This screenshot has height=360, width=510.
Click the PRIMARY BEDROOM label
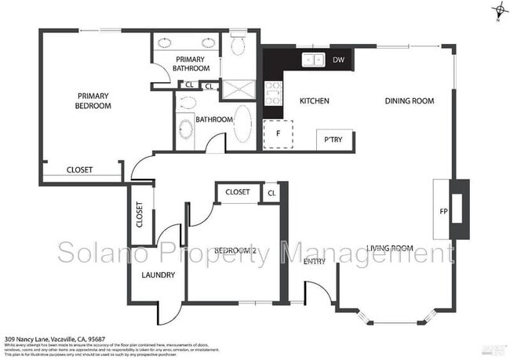pyautogui.click(x=93, y=100)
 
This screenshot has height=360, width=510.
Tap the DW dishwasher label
pyautogui.click(x=338, y=60)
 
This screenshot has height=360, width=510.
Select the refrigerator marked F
pyautogui.click(x=277, y=134)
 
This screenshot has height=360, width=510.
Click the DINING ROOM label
pyautogui.click(x=409, y=101)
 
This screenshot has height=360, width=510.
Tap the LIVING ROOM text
pyautogui.click(x=389, y=249)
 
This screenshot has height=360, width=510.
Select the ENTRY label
pyautogui.click(x=314, y=261)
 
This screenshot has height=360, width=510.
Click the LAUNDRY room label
pyautogui.click(x=157, y=275)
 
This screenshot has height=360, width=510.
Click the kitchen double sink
pyautogui.click(x=313, y=60)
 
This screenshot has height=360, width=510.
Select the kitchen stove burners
pyautogui.click(x=273, y=94)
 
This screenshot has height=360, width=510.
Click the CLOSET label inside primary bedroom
pyautogui.click(x=79, y=170)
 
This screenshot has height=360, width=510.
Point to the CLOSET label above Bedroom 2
pyautogui.click(x=237, y=192)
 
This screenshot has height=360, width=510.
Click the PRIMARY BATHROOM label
pyautogui.click(x=190, y=64)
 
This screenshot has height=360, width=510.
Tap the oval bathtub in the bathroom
pyautogui.click(x=244, y=123)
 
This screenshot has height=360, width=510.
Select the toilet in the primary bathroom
pyautogui.click(x=238, y=45)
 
